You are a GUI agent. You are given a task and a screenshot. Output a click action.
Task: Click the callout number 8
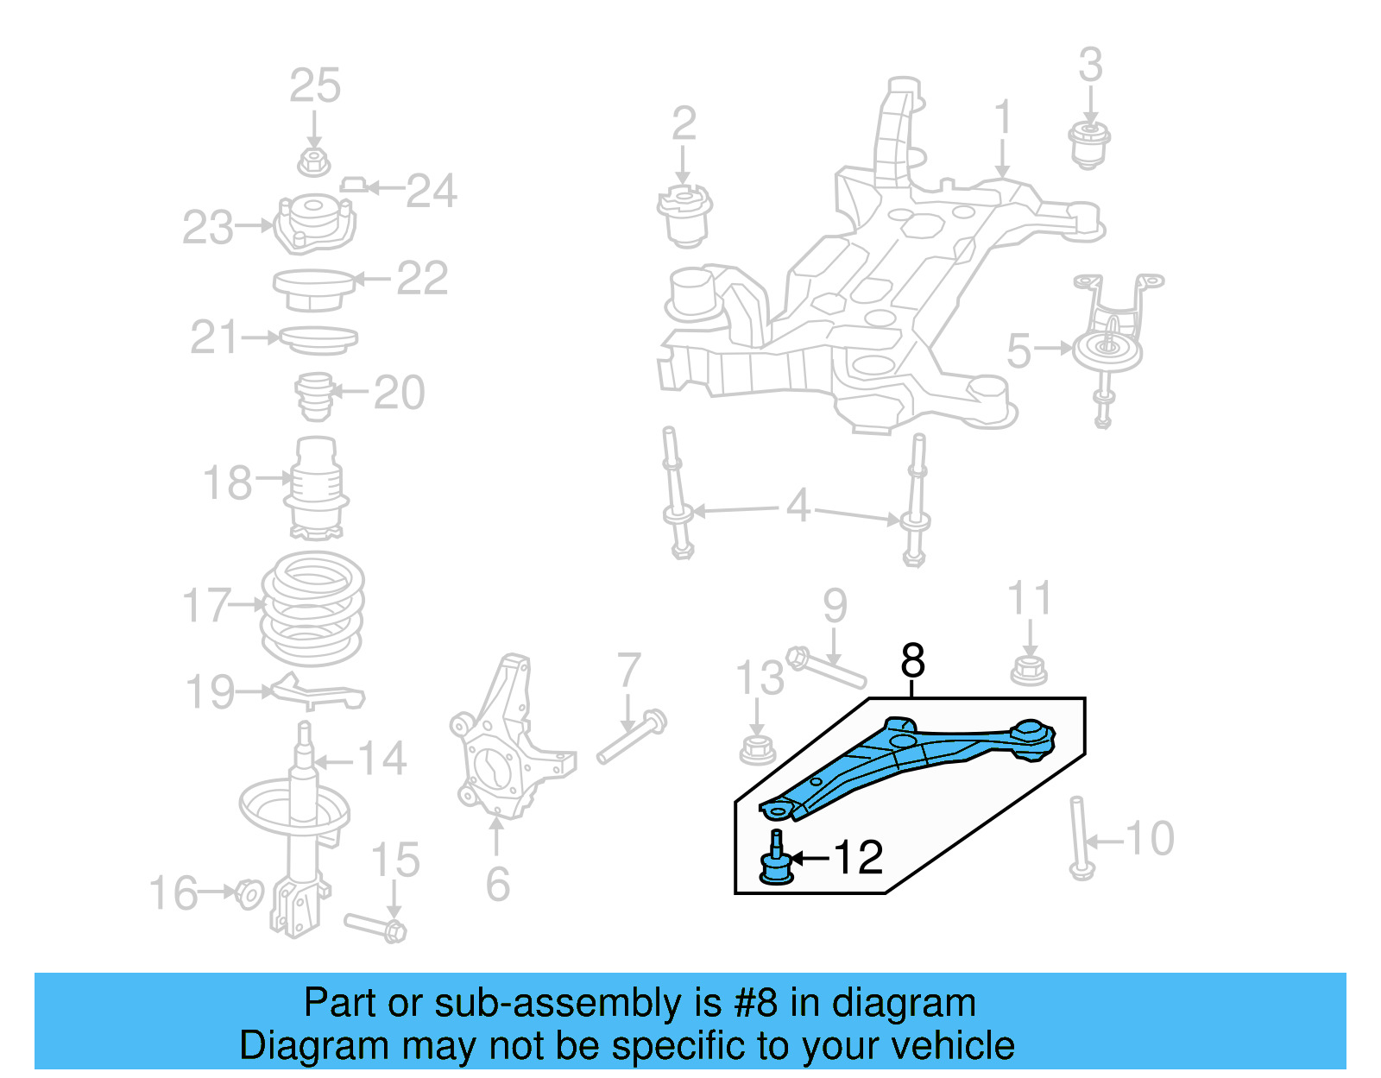(x=912, y=661)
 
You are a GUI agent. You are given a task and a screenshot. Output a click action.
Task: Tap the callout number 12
(x=858, y=857)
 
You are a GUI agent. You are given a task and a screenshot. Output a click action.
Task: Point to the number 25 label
(x=315, y=86)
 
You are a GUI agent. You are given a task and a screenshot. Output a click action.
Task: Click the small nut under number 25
(x=314, y=161)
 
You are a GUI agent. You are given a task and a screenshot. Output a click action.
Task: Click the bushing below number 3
(x=1090, y=144)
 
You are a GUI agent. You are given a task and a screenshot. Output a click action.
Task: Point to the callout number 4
(x=798, y=506)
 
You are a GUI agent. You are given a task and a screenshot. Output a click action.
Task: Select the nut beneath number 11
(x=1029, y=670)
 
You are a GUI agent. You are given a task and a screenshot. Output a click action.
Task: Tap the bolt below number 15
(x=376, y=926)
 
